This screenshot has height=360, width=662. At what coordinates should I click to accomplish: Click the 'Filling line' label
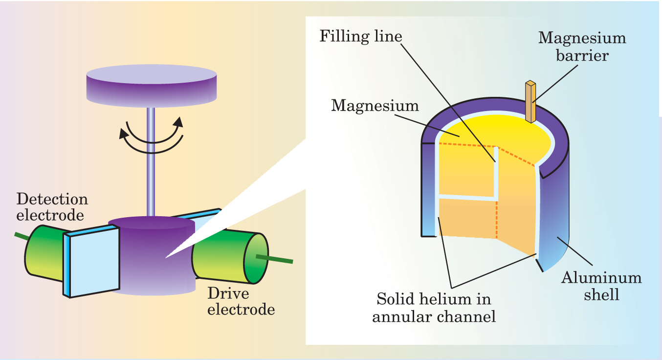(361, 37)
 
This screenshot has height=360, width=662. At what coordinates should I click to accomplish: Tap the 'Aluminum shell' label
(601, 286)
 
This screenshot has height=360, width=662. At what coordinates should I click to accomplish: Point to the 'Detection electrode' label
(52, 207)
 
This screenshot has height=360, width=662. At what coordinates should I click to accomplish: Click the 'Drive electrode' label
(241, 301)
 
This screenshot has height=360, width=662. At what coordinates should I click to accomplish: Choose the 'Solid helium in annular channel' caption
(434, 307)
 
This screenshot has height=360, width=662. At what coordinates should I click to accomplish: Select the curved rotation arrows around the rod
(152, 132)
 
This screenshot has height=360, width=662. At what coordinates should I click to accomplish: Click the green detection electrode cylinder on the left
(44, 254)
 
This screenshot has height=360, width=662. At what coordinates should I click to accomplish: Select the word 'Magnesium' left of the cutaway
(375, 105)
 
